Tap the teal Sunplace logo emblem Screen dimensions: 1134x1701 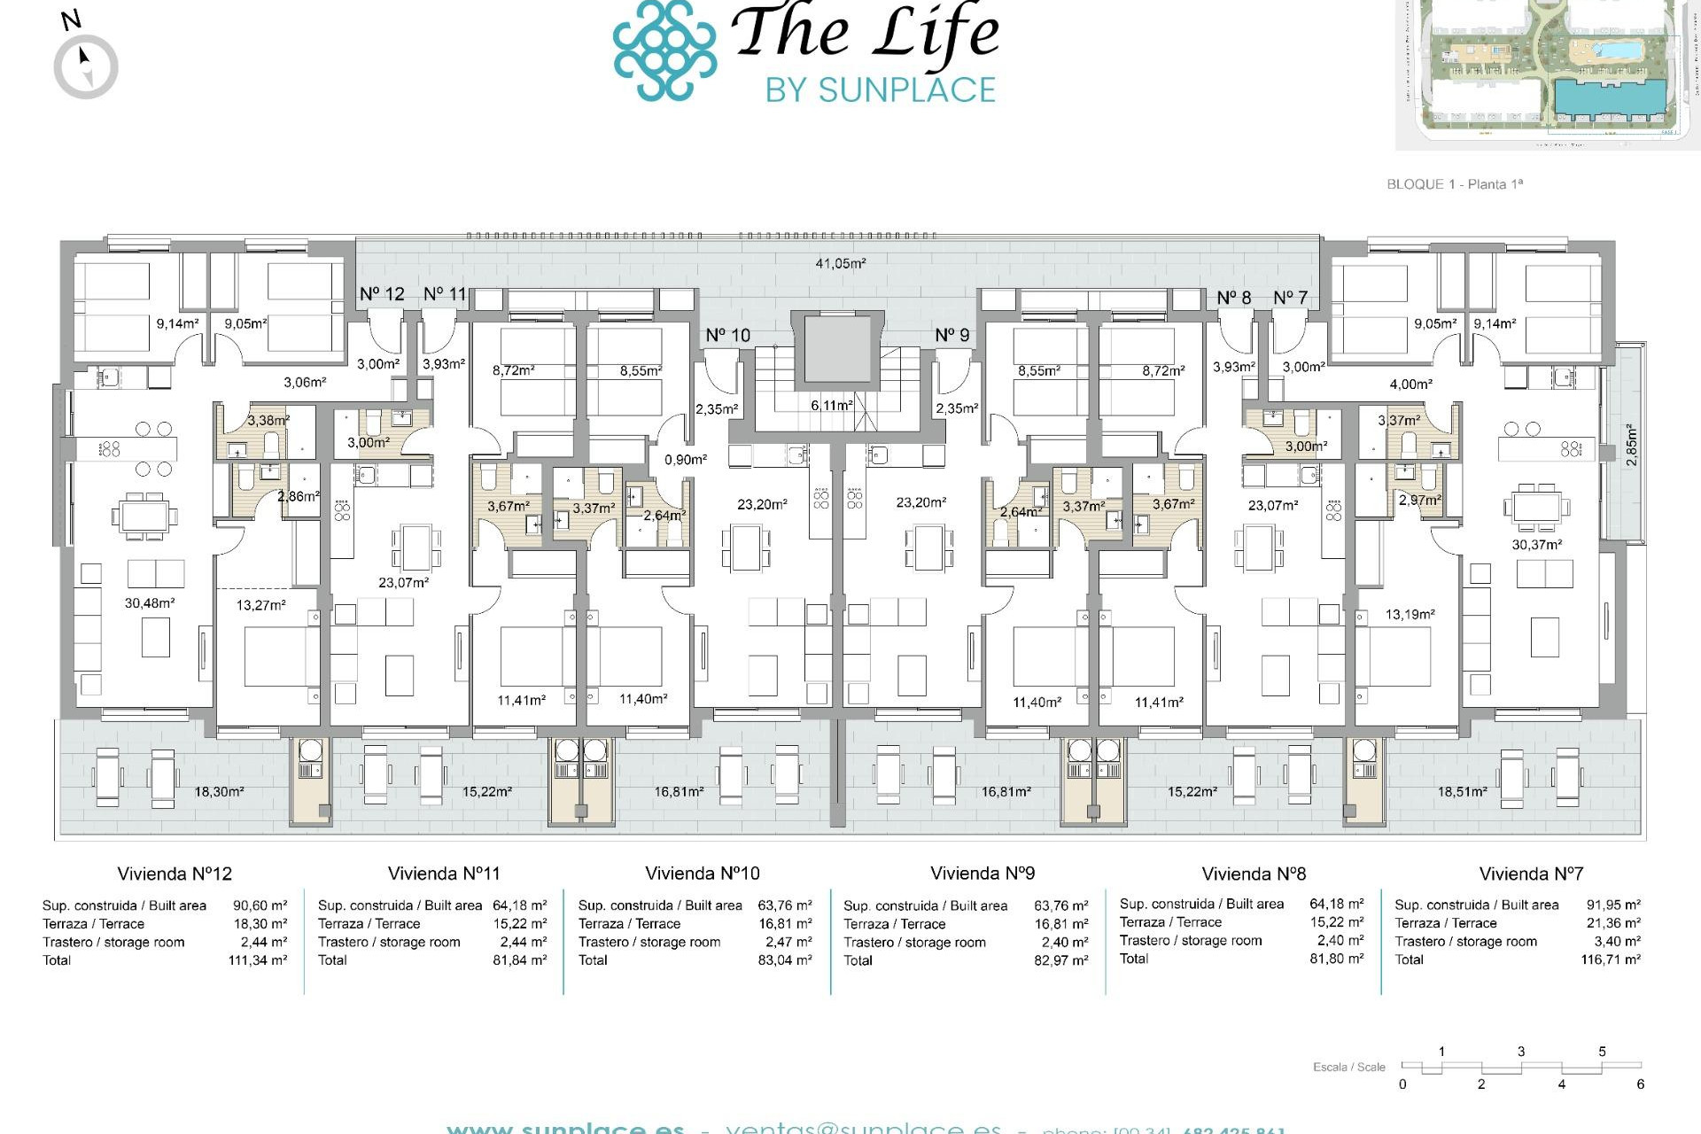tap(664, 50)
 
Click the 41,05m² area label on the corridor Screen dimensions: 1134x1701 tap(840, 263)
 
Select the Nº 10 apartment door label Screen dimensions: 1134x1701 tap(727, 335)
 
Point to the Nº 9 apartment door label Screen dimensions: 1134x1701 tap(952, 335)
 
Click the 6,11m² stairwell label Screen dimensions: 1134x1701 tap(831, 405)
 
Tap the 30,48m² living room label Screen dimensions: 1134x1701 tap(149, 603)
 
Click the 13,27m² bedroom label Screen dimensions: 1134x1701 tap(260, 605)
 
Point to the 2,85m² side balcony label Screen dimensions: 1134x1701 tap(1632, 446)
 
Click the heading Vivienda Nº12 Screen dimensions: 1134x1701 tap(175, 874)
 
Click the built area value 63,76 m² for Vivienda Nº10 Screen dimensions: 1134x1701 tap(784, 905)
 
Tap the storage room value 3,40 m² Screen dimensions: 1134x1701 tap(1617, 942)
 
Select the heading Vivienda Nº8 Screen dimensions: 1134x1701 tap(1254, 874)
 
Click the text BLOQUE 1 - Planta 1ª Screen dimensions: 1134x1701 tap(1454, 184)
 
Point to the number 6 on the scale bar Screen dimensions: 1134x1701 tap(1640, 1084)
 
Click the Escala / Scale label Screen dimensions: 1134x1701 tap(1348, 1067)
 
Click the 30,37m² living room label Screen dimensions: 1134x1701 tap(1536, 545)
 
